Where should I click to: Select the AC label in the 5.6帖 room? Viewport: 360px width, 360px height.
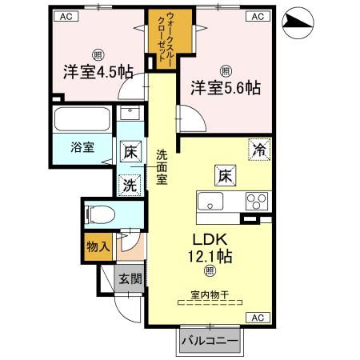click(x=258, y=16)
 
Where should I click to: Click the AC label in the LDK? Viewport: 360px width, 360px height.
click(x=258, y=318)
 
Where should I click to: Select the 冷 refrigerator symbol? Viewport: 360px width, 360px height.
click(x=260, y=148)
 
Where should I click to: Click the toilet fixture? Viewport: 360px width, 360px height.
click(x=99, y=214)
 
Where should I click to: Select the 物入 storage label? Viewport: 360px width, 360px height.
click(x=98, y=247)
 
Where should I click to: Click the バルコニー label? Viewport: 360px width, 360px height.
click(x=209, y=341)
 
